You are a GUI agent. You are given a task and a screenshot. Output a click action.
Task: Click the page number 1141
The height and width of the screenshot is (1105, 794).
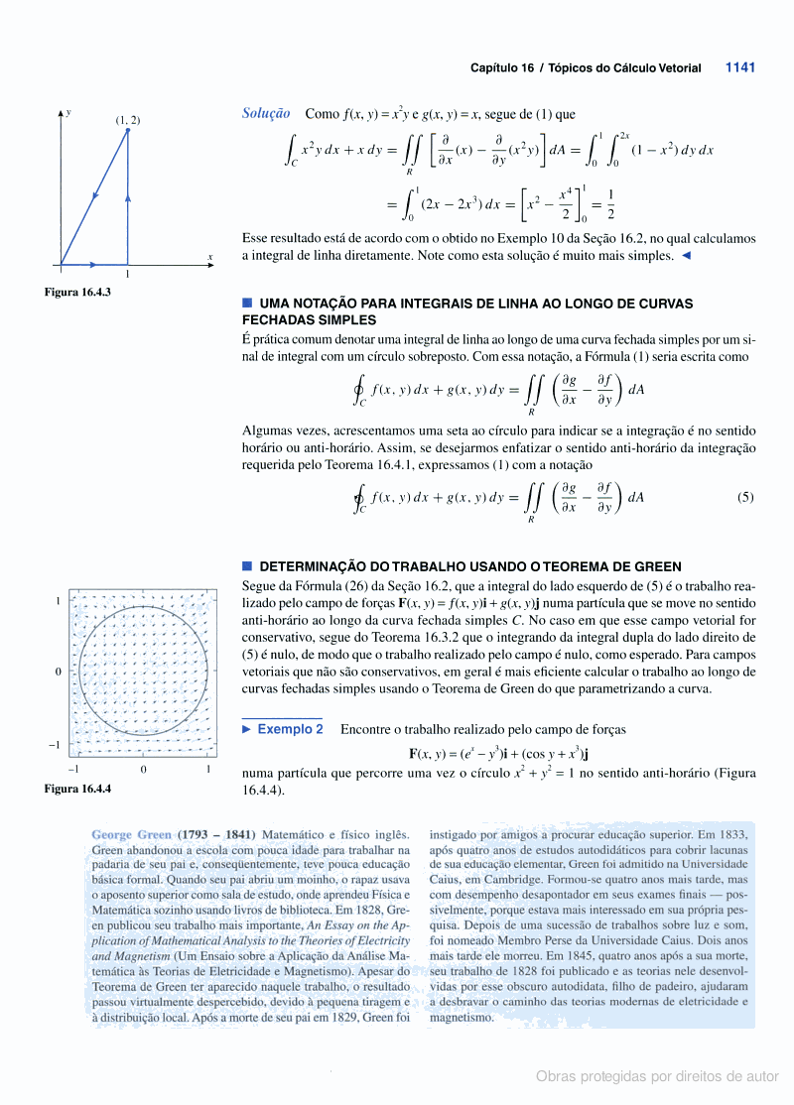pos(740,68)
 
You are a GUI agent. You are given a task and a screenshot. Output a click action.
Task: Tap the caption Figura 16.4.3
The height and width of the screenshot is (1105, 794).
pos(76,292)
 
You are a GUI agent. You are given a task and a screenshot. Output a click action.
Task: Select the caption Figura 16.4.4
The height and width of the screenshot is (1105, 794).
pos(76,789)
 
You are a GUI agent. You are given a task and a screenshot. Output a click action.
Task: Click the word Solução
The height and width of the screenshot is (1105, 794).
pos(266,114)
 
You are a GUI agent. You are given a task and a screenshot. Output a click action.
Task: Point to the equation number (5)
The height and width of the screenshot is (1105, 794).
pos(745,498)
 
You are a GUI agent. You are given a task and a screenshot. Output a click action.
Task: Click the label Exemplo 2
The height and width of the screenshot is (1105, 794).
pos(290,729)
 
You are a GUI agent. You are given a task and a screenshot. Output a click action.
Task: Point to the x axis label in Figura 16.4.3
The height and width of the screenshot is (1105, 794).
pos(210,258)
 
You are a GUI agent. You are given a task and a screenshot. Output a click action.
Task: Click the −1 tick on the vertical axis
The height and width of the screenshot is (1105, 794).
pos(60,744)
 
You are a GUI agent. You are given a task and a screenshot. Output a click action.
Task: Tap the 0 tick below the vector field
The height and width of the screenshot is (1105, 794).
pos(143,769)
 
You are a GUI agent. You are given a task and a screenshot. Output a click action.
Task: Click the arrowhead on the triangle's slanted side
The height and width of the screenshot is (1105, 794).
pos(96,195)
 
